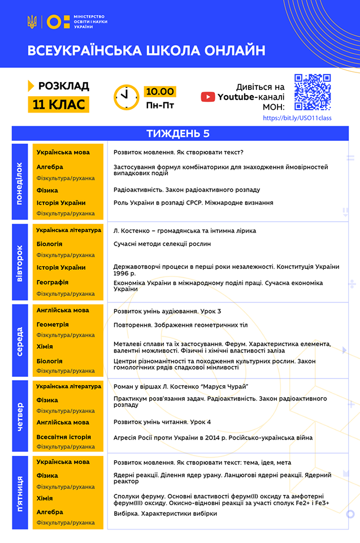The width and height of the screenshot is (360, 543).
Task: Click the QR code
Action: click(313, 92)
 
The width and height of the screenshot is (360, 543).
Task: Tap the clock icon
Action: click(126, 97)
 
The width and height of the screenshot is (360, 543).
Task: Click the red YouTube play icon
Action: click(208, 97)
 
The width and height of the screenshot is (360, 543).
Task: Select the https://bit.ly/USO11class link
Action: click(297, 118)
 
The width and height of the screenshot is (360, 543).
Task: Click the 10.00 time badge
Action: click(160, 92)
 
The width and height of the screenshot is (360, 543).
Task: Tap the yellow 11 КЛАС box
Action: click(59, 105)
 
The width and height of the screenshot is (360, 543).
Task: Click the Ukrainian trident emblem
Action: click(32, 22)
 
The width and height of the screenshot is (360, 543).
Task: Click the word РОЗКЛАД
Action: click(64, 86)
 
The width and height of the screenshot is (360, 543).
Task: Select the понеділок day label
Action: click(20, 182)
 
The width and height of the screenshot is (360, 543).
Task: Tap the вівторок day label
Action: click(20, 263)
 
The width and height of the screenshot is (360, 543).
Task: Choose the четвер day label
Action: click(20, 416)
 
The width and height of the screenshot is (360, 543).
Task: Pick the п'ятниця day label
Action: click(20, 493)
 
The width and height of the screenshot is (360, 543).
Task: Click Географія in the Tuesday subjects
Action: click(53, 282)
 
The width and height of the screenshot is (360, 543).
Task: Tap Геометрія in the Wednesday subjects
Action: click(53, 325)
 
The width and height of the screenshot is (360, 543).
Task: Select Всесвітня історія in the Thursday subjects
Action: click(63, 437)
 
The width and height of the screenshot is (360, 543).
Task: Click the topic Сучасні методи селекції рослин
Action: click(162, 244)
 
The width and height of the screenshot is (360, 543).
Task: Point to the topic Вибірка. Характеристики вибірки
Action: click(165, 513)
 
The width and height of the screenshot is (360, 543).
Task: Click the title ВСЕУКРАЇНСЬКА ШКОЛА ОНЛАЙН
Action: click(146, 50)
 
